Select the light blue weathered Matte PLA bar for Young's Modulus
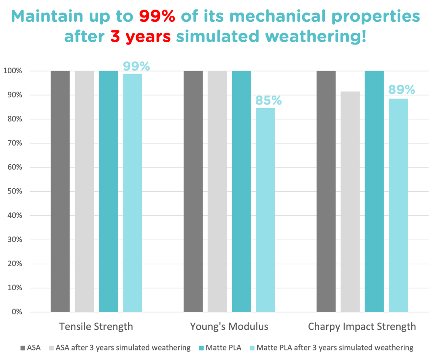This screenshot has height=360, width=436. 265,209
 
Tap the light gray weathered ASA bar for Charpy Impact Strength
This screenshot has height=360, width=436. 350,200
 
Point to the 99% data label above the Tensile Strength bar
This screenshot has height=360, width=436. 136,66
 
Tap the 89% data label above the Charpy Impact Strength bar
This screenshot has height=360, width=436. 402,90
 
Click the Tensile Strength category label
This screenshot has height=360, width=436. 96,326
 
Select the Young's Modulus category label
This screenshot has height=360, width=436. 229,326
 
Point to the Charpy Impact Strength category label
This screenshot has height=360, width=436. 362,326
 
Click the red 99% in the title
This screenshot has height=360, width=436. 157,17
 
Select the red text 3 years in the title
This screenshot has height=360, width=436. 140,37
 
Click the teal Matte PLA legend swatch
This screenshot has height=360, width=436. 201,348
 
